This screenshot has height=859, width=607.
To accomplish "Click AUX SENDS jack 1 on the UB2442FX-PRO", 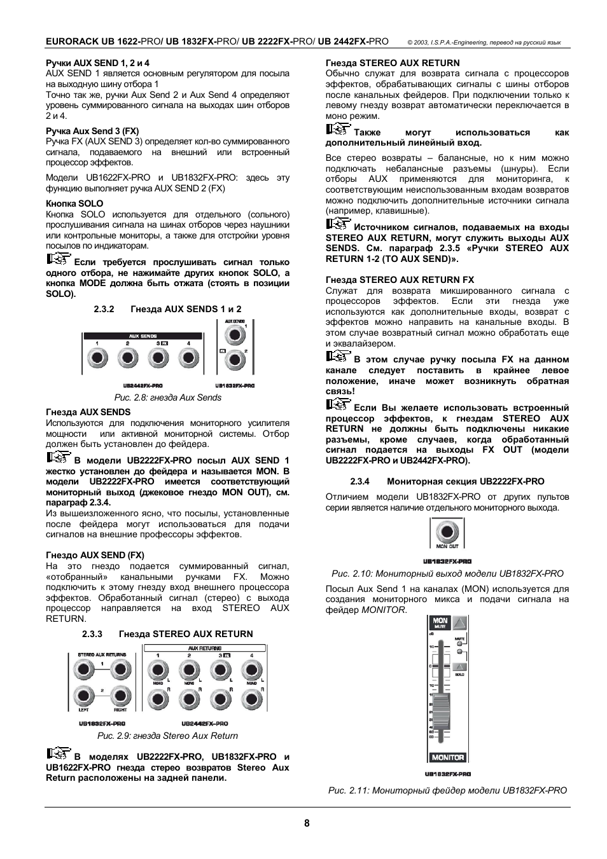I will click(x=97, y=358).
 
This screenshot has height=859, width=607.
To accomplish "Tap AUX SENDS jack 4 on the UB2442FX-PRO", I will click(x=188, y=358).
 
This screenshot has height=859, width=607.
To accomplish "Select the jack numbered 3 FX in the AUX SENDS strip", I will click(x=158, y=358).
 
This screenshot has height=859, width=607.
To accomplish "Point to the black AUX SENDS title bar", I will click(x=143, y=335).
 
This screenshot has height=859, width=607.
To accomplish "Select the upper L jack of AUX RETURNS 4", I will click(x=251, y=670).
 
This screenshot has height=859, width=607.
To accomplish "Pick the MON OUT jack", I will click(x=447, y=532).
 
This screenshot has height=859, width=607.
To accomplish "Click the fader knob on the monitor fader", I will click(x=439, y=704).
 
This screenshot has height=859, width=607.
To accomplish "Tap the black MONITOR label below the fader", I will click(x=448, y=757).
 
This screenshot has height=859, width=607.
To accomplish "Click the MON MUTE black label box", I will click(x=440, y=622).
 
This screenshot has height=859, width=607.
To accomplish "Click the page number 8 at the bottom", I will click(x=307, y=823).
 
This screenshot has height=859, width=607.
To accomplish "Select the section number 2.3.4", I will click(x=360, y=481).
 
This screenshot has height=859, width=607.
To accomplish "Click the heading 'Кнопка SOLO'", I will click(x=74, y=203).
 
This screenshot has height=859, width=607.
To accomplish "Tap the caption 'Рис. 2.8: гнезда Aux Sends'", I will click(x=167, y=397).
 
